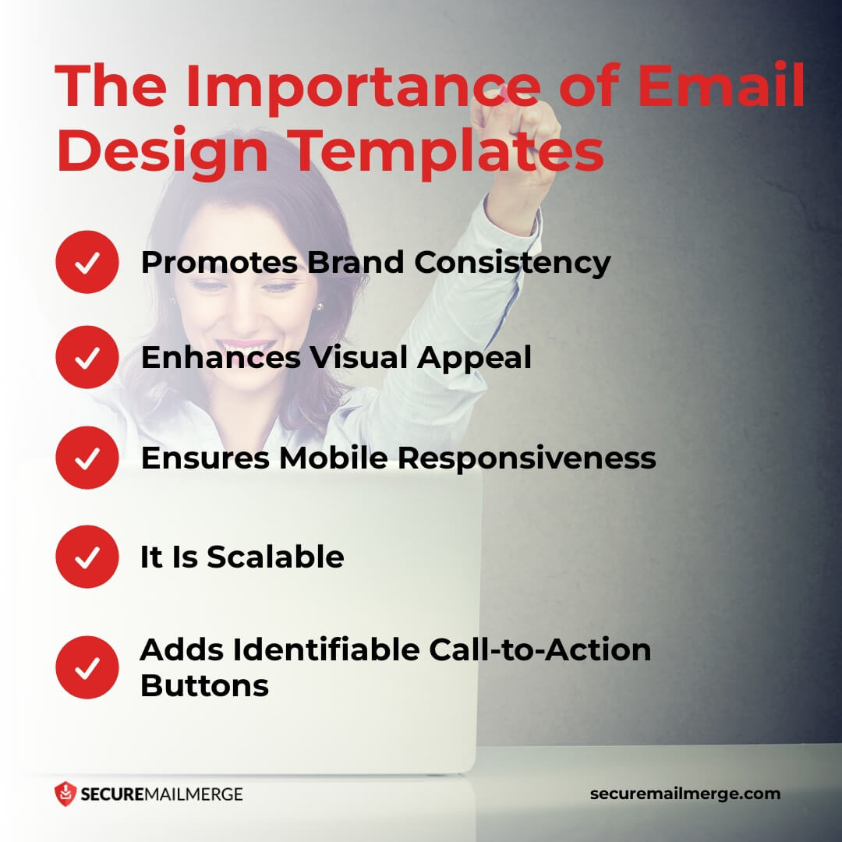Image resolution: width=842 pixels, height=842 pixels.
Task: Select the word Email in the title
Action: coord(722,87)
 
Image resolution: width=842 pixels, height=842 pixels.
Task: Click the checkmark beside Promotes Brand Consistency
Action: coord(87,263)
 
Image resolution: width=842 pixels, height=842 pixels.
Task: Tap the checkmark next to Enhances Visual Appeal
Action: coord(87,358)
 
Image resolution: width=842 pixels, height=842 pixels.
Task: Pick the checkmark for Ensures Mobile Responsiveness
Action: coord(87,458)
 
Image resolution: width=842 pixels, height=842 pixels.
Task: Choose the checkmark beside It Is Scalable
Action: coord(87,557)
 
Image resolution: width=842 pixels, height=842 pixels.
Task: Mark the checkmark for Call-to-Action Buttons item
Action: coord(87,667)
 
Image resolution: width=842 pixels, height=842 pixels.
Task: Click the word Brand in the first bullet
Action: coord(356,263)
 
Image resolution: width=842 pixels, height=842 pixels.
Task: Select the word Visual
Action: coord(359,358)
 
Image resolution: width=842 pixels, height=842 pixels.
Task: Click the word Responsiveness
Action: coord(527,458)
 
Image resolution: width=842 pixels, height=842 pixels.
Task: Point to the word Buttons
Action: coord(204,686)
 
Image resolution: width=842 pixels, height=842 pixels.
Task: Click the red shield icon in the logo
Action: coord(65,794)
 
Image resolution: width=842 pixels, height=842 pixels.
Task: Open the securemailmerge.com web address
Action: coord(685,794)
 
